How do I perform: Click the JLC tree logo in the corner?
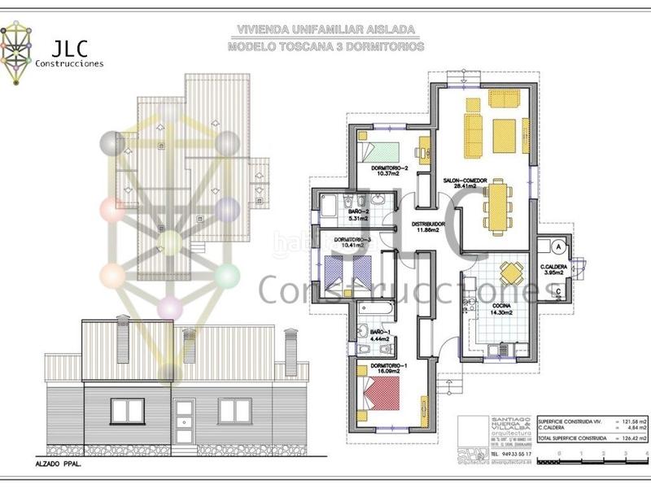point(18,53)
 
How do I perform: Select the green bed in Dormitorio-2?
point(381,151)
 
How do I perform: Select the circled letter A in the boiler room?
point(558,244)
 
